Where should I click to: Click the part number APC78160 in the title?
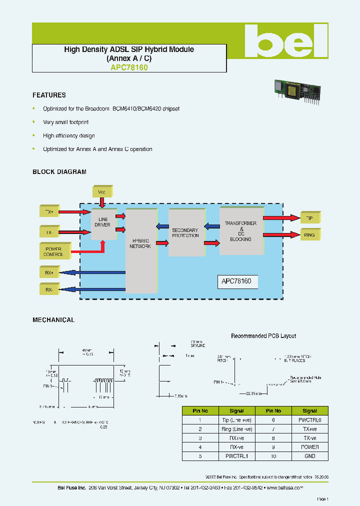[129, 67]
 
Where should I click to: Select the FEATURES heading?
[49, 95]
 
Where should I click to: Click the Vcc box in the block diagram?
[102, 191]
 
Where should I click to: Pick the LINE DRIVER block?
[102, 222]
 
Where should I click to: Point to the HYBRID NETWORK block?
[140, 243]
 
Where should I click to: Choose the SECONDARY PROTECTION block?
[185, 233]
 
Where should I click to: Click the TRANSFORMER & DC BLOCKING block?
[240, 231]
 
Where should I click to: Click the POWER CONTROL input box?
[54, 251]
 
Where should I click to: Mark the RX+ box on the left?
[49, 272]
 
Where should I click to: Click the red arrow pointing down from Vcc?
[102, 202]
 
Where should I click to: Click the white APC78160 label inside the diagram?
[237, 281]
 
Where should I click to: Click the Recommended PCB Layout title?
[263, 336]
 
